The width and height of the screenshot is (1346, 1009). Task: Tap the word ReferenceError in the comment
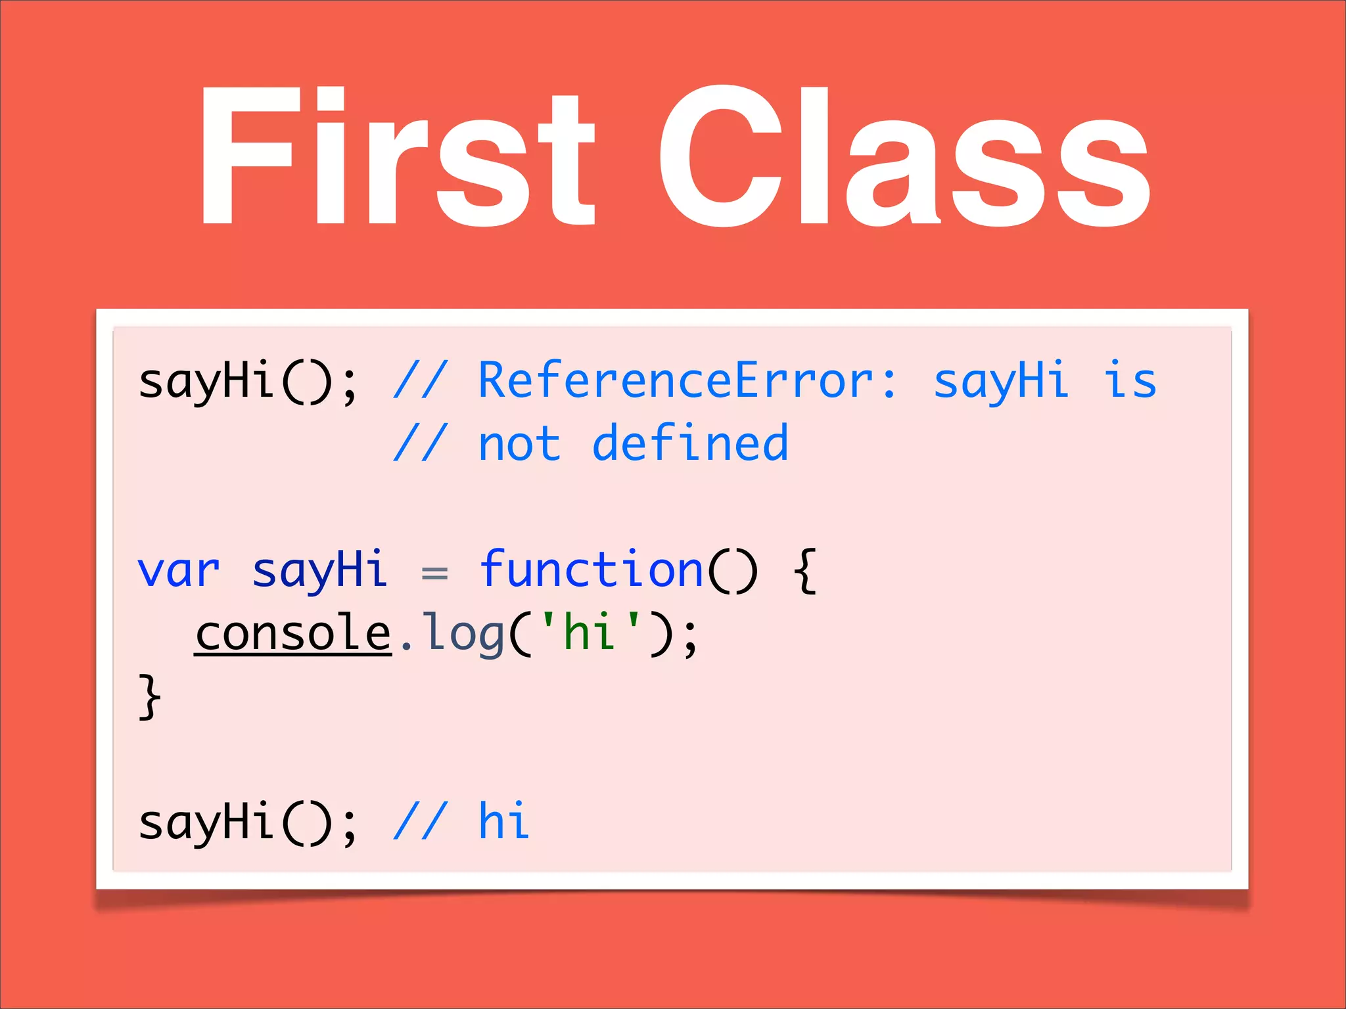coord(687,381)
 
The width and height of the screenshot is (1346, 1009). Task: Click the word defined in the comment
coord(689,443)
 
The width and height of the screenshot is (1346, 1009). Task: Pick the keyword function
coord(592,570)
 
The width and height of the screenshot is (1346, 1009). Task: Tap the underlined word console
coord(293,633)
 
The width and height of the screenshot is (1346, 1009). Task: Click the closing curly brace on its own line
coord(150,696)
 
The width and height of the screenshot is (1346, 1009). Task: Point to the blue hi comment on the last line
coord(503,822)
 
